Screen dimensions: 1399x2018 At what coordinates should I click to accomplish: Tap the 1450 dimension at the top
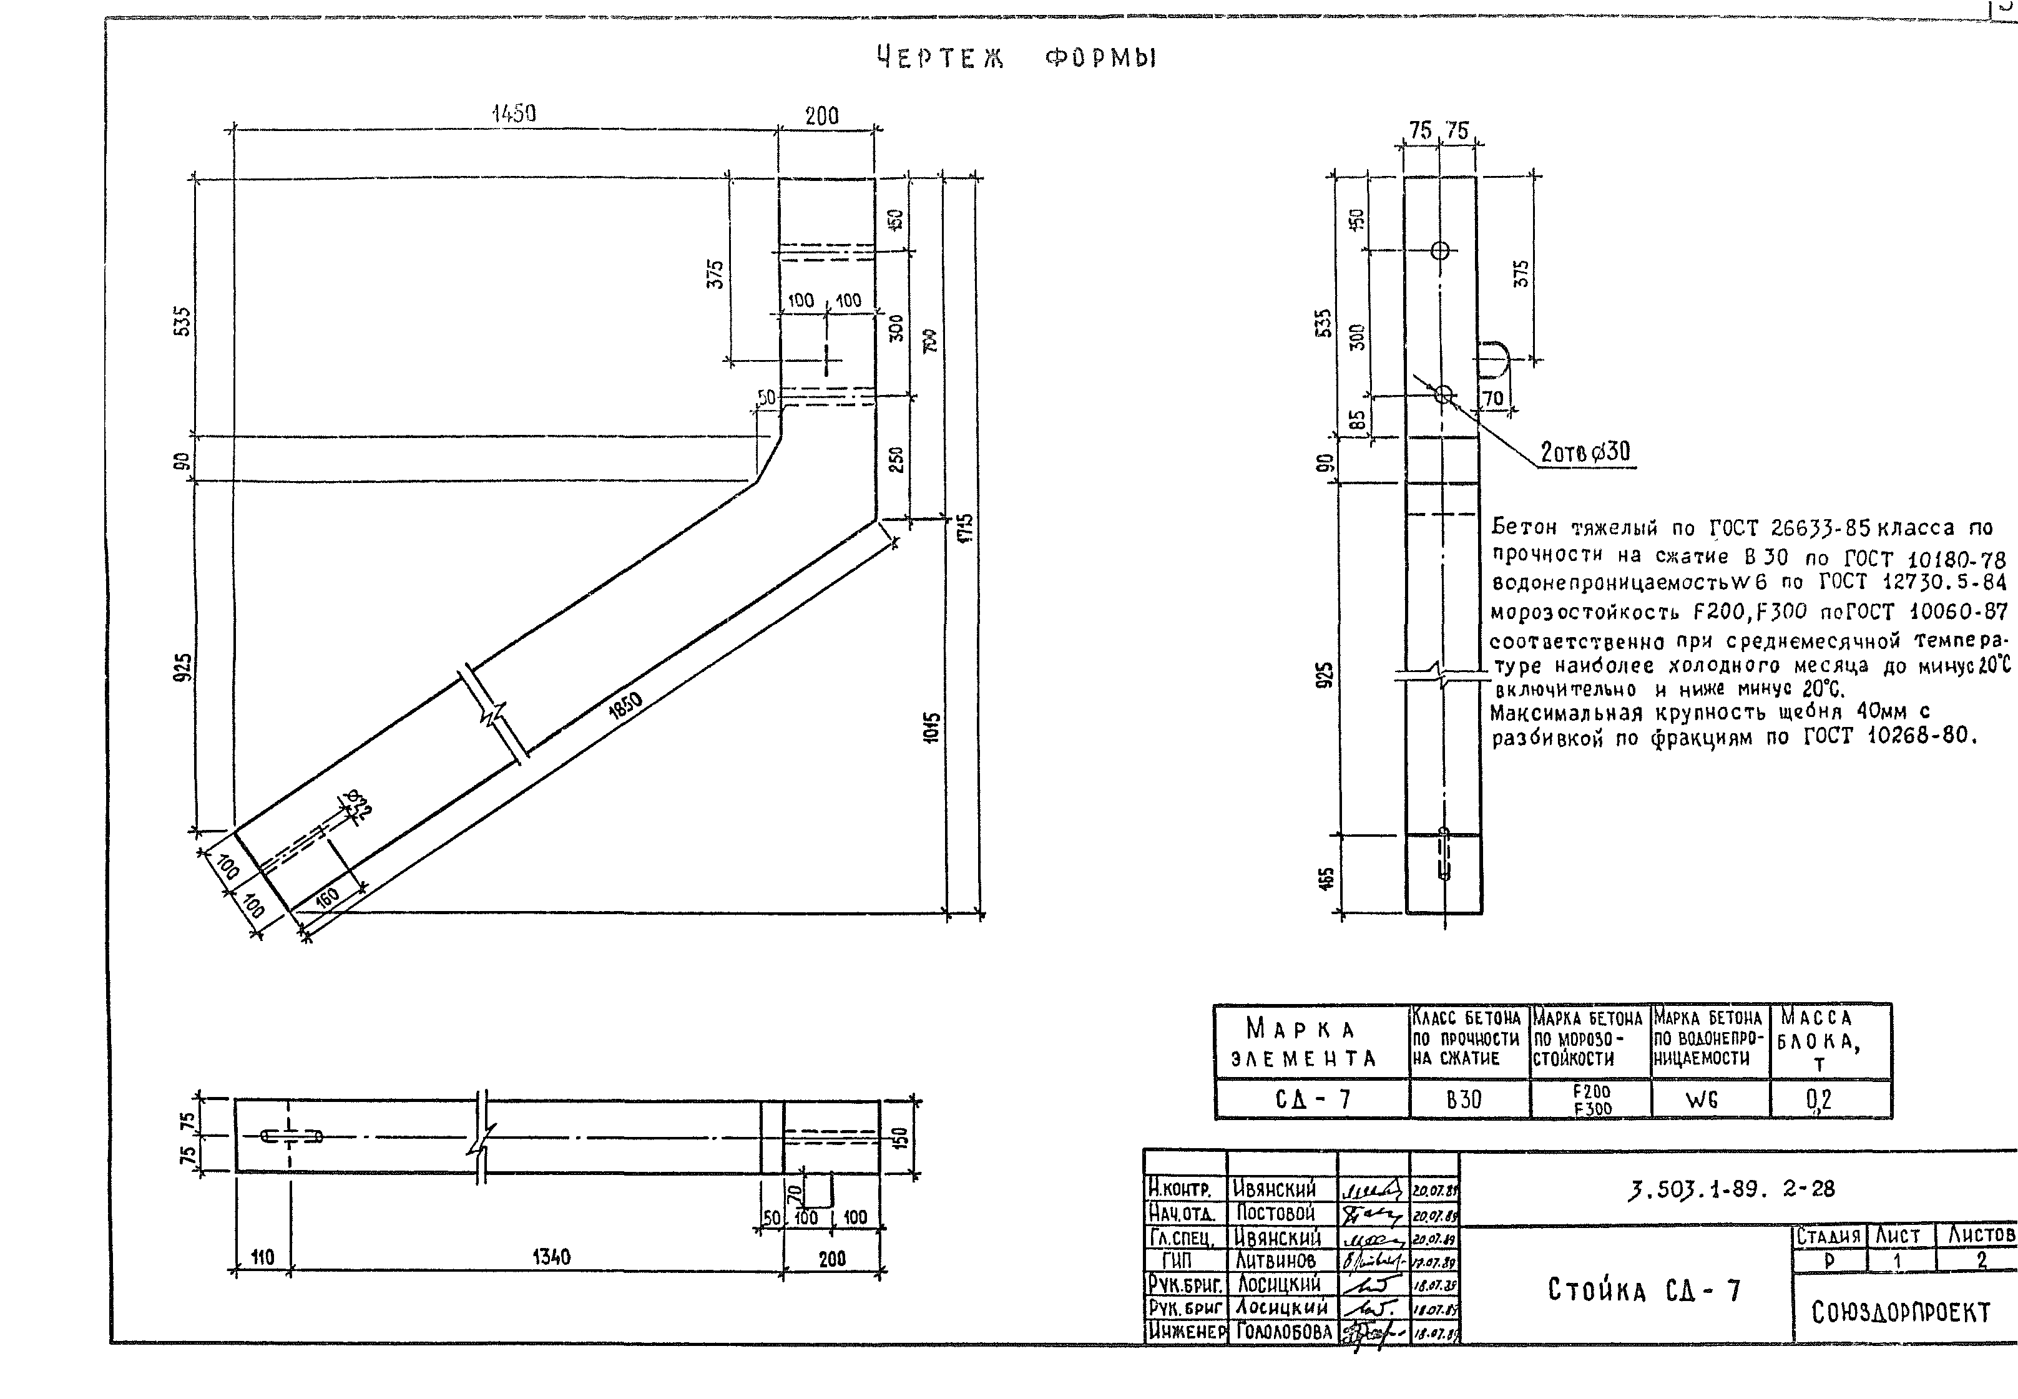(514, 114)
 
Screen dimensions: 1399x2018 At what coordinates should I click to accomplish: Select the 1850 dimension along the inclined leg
(626, 706)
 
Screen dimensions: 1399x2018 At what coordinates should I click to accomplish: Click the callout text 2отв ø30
(1585, 452)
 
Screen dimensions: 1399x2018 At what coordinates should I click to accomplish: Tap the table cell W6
(1701, 1100)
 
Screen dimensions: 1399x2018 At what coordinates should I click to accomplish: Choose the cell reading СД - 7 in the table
(1312, 1099)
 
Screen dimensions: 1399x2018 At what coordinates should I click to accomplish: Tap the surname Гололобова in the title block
(1284, 1332)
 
